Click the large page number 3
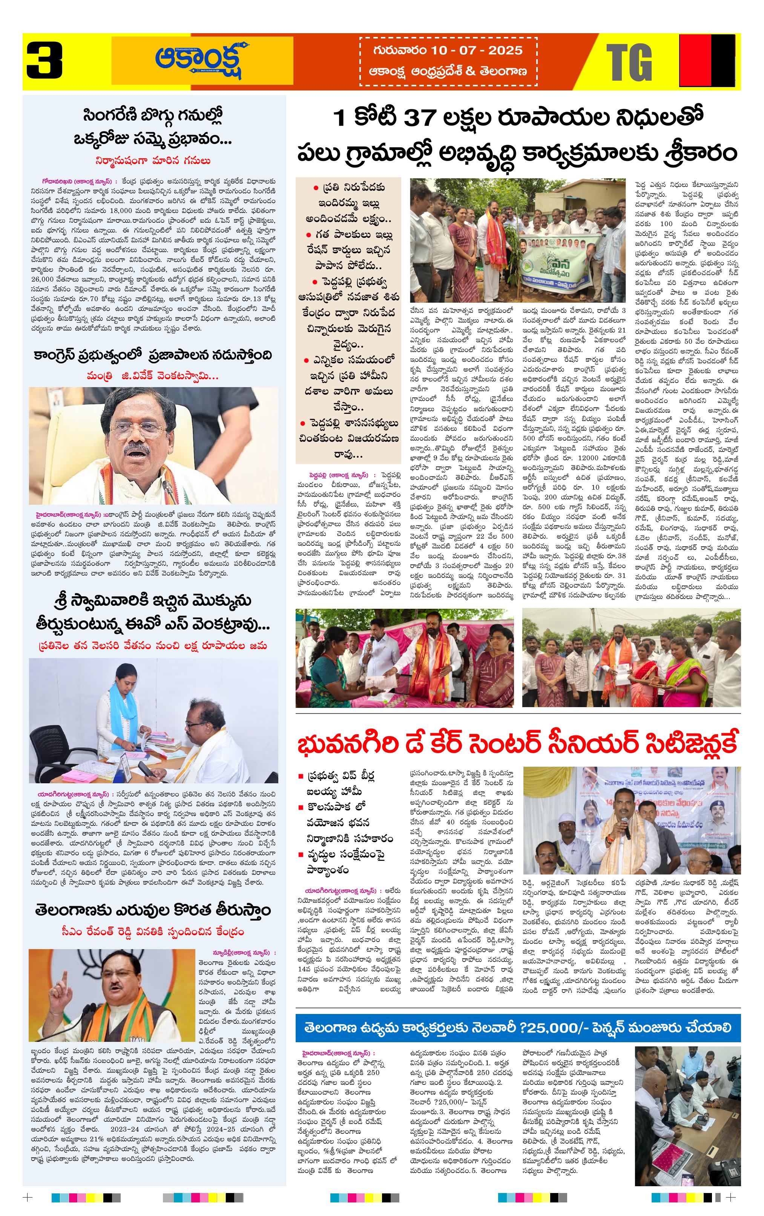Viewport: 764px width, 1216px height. pyautogui.click(x=44, y=61)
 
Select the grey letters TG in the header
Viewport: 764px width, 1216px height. pyautogui.click(x=629, y=63)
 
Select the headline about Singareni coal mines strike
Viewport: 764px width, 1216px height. pyautogui.click(x=153, y=126)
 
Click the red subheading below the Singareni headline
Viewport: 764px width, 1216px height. pyautogui.click(x=153, y=161)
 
